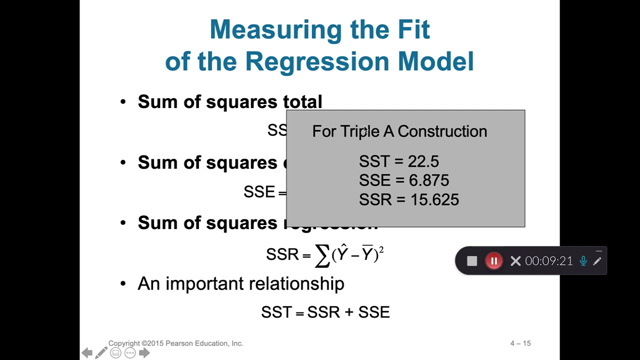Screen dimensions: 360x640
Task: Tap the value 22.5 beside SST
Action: pos(423,161)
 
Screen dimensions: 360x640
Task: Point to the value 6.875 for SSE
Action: pos(428,180)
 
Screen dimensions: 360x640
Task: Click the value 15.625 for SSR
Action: pos(434,200)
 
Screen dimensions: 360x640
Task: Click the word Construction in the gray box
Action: pos(442,131)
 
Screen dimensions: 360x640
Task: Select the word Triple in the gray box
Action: pos(359,131)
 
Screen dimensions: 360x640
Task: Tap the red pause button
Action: pos(493,261)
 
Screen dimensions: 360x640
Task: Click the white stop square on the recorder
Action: pos(472,261)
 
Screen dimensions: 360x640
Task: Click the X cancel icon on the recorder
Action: pos(515,261)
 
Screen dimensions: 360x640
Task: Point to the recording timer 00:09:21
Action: pos(548,261)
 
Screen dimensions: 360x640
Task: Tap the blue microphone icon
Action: pos(583,261)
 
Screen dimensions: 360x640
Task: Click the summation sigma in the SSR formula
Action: pos(322,256)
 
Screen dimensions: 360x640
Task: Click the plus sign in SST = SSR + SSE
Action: pos(349,312)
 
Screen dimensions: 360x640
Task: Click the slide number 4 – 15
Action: pos(520,343)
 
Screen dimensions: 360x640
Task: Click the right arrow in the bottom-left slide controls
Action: pos(144,353)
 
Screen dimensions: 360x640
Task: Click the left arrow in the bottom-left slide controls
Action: pos(87,353)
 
